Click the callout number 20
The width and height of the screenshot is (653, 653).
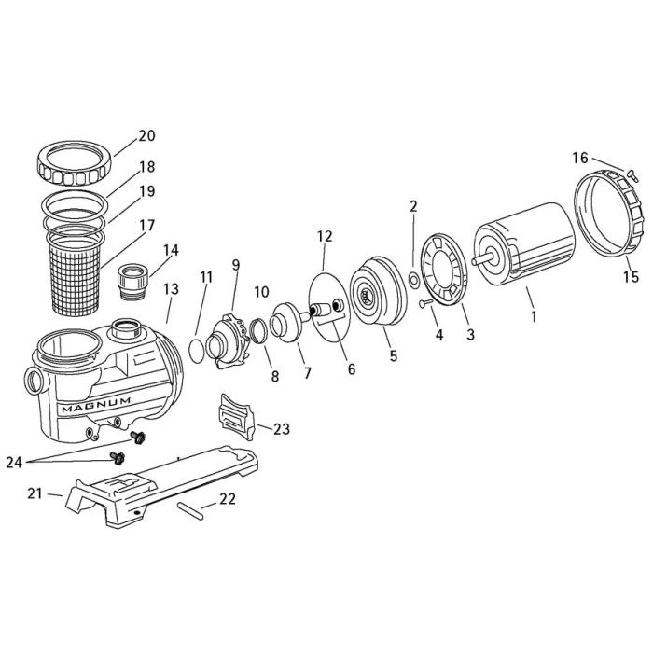[146, 136]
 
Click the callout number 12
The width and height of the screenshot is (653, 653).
[324, 237]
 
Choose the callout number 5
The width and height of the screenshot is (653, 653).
[393, 354]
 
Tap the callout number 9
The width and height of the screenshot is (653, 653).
[235, 265]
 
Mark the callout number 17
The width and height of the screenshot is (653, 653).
[146, 225]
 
